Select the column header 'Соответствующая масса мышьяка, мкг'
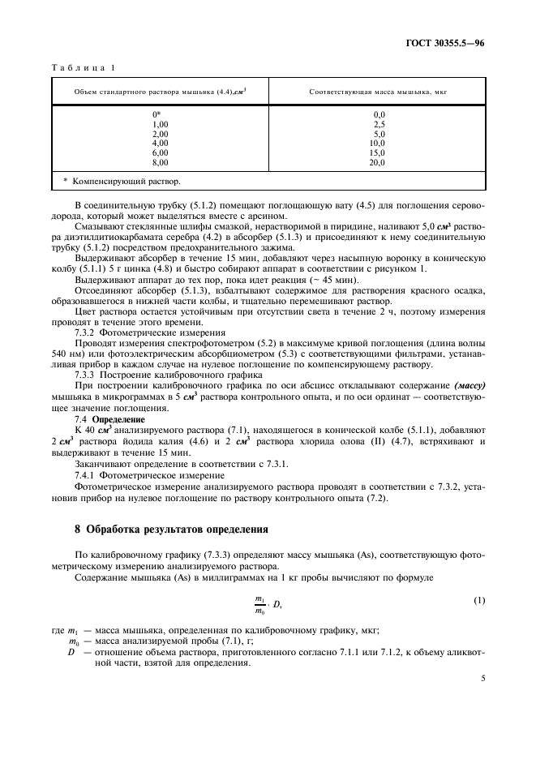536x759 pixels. [x=378, y=92]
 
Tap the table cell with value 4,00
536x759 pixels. [x=160, y=144]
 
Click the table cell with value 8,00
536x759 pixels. [x=160, y=162]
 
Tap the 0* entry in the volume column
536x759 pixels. [x=157, y=114]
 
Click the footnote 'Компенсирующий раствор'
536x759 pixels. [x=122, y=182]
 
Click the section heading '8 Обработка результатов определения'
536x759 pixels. [x=171, y=530]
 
